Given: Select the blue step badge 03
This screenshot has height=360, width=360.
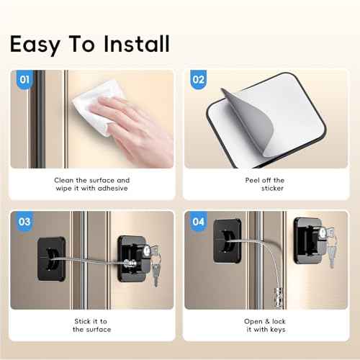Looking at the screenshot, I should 24,222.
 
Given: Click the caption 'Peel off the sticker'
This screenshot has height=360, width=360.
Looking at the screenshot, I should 269,185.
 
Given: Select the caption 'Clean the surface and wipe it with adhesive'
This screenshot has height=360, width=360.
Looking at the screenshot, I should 91,185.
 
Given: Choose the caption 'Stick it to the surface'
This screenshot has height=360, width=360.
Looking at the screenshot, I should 91,325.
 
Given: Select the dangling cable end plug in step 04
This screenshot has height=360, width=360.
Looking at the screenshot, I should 274,294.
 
